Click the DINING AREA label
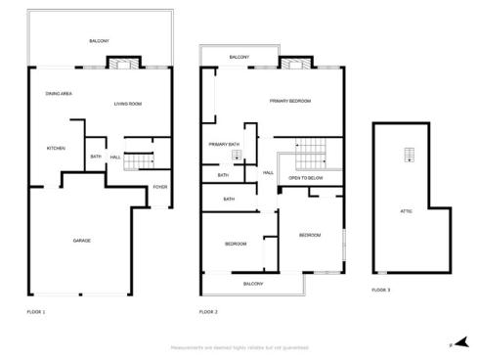pos(60,93)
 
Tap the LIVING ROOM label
pos(128,103)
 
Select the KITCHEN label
pos(56,148)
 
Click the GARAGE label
pos(82,240)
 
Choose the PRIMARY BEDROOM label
pos(290,101)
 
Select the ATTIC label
pos(407,210)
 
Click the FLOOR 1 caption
pos(36,311)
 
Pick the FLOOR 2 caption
pos(208,311)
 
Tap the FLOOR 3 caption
pos(380,291)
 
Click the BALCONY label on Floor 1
pos(100,40)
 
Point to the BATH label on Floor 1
pos(96,157)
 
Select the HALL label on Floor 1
pos(115,157)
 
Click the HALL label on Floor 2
pos(268,173)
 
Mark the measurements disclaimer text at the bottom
pos(239,346)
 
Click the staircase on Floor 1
pos(142,159)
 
